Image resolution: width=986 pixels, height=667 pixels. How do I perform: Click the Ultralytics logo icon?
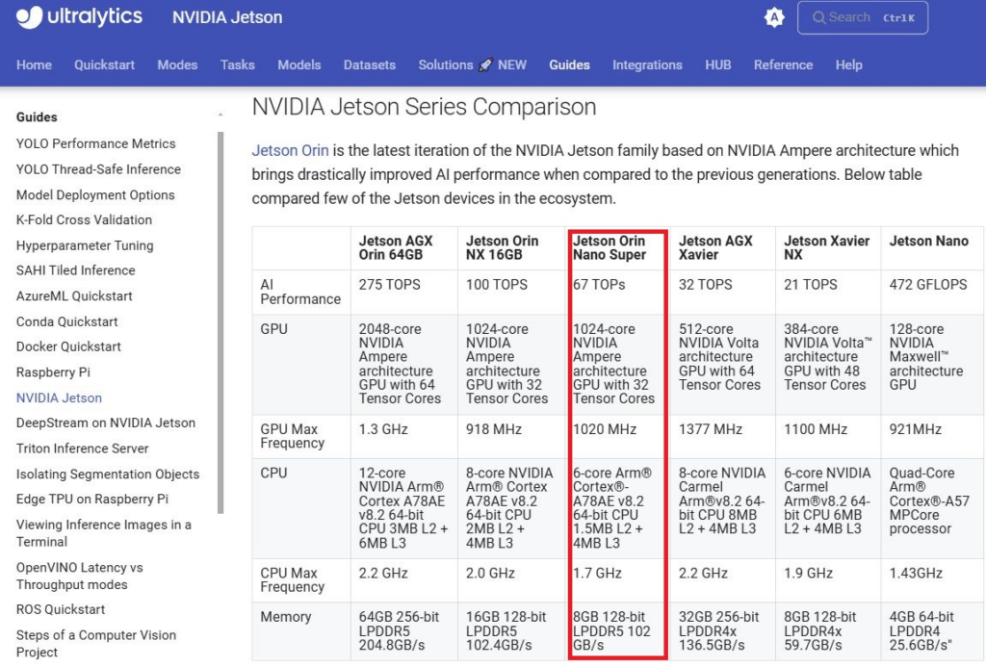pos(29,17)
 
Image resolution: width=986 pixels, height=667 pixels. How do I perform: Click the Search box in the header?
pos(862,17)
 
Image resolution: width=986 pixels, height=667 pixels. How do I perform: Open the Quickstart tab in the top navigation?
pos(104,64)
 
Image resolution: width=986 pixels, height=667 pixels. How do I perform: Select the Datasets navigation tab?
pos(369,64)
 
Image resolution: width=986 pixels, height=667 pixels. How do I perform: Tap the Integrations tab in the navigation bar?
pos(647,64)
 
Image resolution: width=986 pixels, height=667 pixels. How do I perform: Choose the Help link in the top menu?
pos(848,64)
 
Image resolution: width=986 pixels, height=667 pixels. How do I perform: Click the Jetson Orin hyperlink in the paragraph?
pos(290,150)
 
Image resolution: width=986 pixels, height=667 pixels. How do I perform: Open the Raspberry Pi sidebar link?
pos(54,372)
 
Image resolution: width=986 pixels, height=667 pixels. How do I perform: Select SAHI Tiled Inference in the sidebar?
pos(75,270)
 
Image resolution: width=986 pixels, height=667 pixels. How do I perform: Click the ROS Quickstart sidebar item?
pos(61,609)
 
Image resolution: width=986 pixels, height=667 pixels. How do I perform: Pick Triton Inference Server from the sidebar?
pos(83,449)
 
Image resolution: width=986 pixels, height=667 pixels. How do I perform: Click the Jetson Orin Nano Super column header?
pos(609,247)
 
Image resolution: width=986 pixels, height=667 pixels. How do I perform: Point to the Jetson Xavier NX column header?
pos(826,247)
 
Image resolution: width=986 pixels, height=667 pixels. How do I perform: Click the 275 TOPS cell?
pos(389,285)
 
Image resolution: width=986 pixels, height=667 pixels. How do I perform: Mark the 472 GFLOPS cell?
pos(927,285)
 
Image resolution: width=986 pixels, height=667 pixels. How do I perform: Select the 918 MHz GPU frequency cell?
pos(494,429)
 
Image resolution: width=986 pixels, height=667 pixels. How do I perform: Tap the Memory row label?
pos(285,617)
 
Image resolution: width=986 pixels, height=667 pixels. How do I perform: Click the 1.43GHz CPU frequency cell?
pos(916,574)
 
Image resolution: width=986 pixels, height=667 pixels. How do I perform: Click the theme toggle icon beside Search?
pos(774,17)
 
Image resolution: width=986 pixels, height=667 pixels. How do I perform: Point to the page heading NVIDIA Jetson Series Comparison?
pos(424,107)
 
